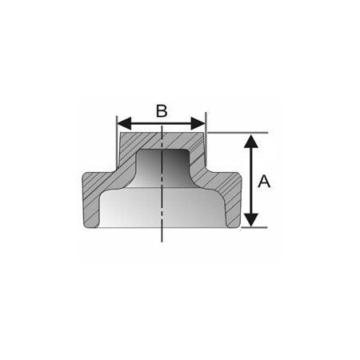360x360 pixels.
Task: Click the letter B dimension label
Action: pyautogui.click(x=161, y=110)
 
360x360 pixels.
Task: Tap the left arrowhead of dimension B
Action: pyautogui.click(x=122, y=124)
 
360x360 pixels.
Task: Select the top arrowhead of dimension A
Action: pyautogui.click(x=251, y=141)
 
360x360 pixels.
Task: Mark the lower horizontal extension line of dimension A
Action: pyautogui.click(x=254, y=227)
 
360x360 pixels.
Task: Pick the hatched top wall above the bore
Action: pyautogui.click(x=161, y=141)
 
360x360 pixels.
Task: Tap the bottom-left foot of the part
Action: pyautogui.click(x=89, y=220)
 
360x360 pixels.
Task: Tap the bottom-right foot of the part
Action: pyautogui.click(x=234, y=220)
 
